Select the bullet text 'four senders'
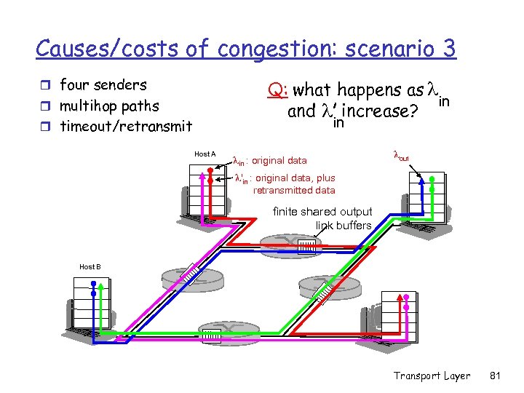pyautogui.click(x=103, y=85)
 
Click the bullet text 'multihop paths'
pyautogui.click(x=109, y=106)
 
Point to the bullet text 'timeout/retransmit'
pyautogui.click(x=125, y=127)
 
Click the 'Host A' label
pyautogui.click(x=205, y=154)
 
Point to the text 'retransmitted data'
pyautogui.click(x=294, y=191)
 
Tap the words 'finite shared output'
pyautogui.click(x=322, y=212)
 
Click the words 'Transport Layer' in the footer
pyautogui.click(x=431, y=376)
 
